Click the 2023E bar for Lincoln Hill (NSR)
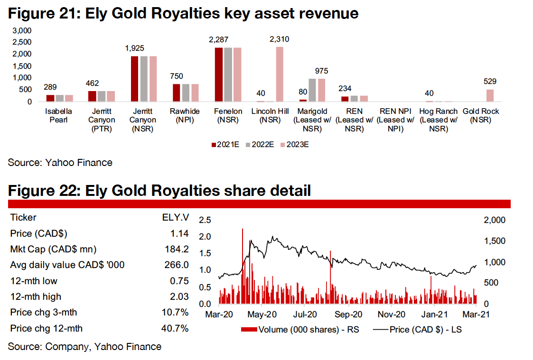[x=280, y=74]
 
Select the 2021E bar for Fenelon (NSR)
[x=218, y=75]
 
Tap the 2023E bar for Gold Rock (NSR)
[x=489, y=95]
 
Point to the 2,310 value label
[x=280, y=39]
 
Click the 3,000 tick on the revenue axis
[x=23, y=30]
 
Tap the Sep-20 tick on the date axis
[x=349, y=314]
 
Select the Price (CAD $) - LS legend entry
[x=418, y=329]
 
